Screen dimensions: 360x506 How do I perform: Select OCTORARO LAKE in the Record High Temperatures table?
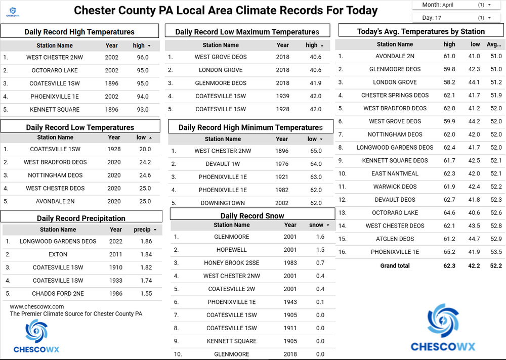coord(55,71)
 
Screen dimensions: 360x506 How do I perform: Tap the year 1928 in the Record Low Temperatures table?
coord(114,149)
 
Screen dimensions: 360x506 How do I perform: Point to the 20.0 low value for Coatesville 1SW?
coord(145,149)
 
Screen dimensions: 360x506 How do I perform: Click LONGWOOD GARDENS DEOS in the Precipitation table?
coord(58,242)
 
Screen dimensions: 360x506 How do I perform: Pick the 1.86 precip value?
coord(146,242)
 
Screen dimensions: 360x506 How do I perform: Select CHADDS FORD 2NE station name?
coord(58,294)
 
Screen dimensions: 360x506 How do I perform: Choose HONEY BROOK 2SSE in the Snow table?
coord(232,263)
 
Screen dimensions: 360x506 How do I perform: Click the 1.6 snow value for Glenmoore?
coord(320,237)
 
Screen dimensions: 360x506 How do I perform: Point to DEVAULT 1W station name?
coord(223,164)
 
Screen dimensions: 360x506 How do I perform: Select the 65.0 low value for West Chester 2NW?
coord(315,151)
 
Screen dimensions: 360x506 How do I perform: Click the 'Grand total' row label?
coord(395,265)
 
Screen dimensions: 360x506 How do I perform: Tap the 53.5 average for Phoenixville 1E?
coord(496,252)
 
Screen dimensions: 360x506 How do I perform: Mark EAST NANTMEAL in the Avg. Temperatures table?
coord(395,173)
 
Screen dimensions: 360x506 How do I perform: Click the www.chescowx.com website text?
coord(37,306)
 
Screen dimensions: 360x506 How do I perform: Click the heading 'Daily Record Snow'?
coord(252,216)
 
